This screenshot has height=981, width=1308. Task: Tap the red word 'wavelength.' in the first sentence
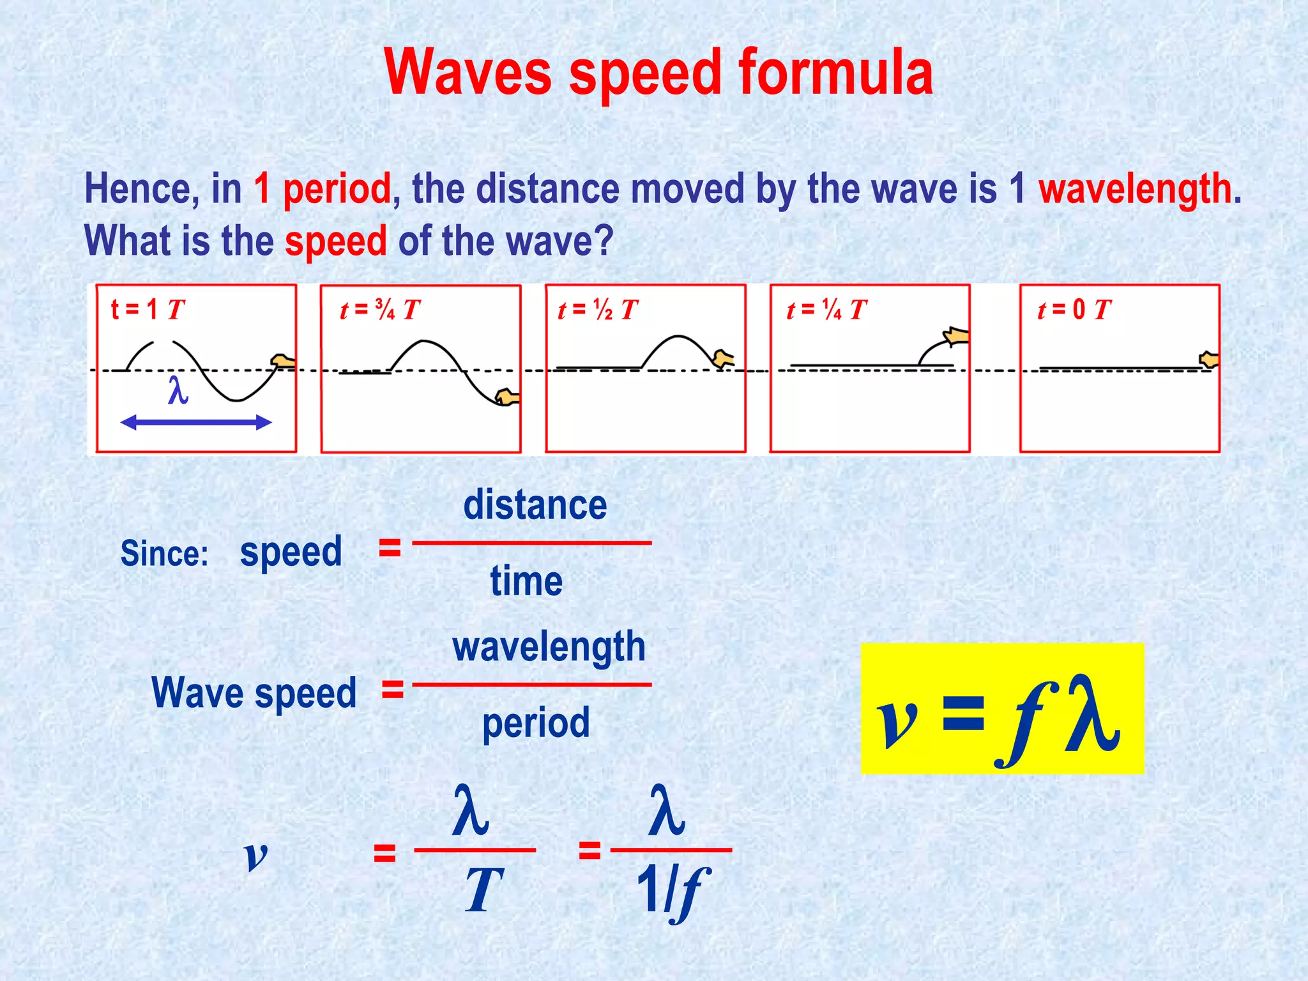pyautogui.click(x=1139, y=189)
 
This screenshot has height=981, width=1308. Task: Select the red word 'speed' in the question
pyautogui.click(x=335, y=241)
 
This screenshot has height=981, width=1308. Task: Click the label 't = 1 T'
pyautogui.click(x=148, y=310)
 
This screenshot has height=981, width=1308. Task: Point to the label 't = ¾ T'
pyautogui.click(x=379, y=310)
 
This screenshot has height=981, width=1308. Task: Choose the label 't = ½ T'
pyautogui.click(x=598, y=310)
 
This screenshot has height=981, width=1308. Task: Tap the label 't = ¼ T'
pyautogui.click(x=826, y=310)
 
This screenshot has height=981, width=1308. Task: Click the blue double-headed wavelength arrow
pyautogui.click(x=196, y=422)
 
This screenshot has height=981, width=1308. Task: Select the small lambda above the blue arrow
pyautogui.click(x=178, y=390)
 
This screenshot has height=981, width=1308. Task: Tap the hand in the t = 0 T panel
pyautogui.click(x=1209, y=360)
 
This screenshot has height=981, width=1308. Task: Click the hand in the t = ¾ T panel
pyautogui.click(x=508, y=397)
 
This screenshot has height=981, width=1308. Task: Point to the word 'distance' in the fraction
pyautogui.click(x=535, y=505)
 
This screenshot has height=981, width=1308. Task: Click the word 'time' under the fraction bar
pyautogui.click(x=526, y=581)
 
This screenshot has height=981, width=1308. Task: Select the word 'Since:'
pyautogui.click(x=165, y=553)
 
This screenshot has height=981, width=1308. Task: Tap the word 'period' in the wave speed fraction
pyautogui.click(x=536, y=723)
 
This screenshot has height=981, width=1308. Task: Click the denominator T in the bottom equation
pyautogui.click(x=483, y=890)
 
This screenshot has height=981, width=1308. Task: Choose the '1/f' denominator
pyautogui.click(x=673, y=890)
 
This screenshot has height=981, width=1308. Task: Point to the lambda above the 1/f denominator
pyautogui.click(x=666, y=810)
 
